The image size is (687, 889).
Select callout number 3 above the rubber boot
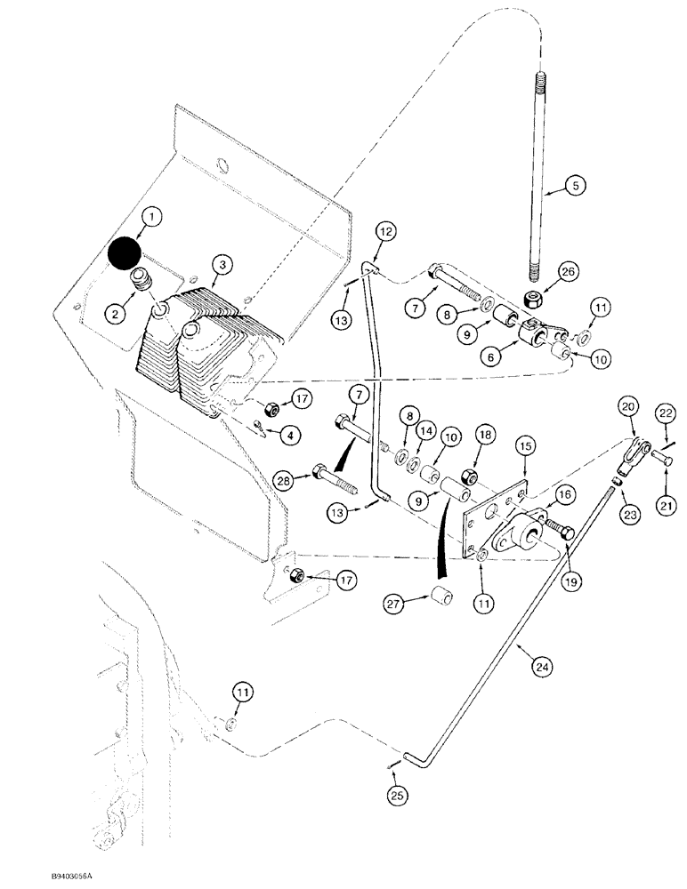222,264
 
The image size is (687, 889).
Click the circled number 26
567,270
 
